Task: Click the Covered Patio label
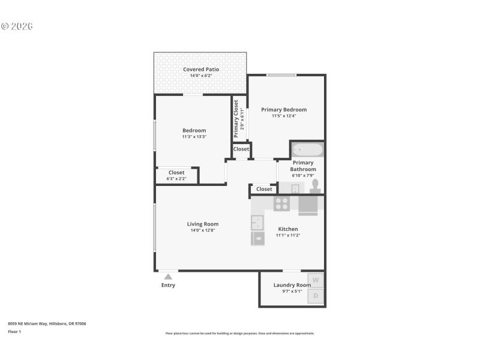(200, 70)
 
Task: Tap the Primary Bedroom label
(284, 110)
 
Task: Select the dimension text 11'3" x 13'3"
(194, 137)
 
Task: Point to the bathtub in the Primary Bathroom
(307, 149)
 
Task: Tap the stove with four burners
(281, 203)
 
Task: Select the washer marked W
(316, 280)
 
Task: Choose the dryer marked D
(316, 295)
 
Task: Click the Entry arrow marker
(168, 277)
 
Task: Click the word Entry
(168, 285)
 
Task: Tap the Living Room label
(203, 224)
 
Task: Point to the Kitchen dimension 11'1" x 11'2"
(288, 236)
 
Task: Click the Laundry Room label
(292, 285)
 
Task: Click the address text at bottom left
(47, 323)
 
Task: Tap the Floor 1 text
(14, 332)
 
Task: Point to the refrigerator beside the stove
(308, 205)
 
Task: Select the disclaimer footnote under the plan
(240, 333)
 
